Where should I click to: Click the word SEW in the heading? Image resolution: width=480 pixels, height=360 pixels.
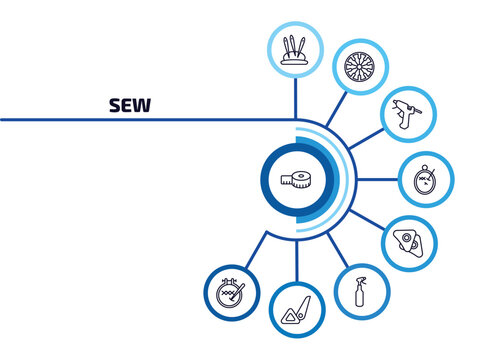pyautogui.click(x=130, y=106)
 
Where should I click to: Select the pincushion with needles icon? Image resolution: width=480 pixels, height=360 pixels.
pyautogui.click(x=294, y=46)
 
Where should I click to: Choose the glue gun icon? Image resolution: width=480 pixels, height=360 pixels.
pyautogui.click(x=406, y=115)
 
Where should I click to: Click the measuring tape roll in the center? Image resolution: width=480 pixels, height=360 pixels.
pyautogui.click(x=297, y=180)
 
